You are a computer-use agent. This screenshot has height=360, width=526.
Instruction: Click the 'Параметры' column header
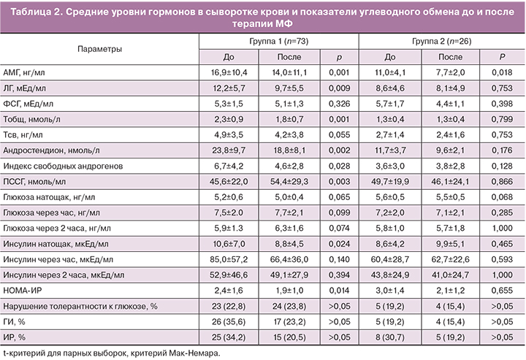[x=100, y=48]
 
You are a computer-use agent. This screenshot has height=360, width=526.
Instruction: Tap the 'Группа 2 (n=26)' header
[x=441, y=41]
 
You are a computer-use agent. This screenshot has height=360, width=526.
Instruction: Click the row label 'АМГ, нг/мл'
[x=24, y=73]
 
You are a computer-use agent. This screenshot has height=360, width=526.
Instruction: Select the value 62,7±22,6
[x=450, y=261]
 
